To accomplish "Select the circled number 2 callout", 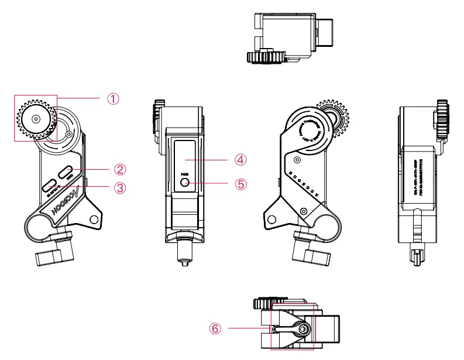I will point(120,169).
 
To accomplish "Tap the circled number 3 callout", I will point(120,187).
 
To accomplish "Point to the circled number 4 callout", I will point(240,159).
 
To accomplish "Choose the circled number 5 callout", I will point(240,183).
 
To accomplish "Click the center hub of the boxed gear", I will point(36,119).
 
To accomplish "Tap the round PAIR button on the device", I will point(185,183).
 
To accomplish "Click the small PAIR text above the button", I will point(184,174).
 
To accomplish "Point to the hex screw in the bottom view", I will point(303,330).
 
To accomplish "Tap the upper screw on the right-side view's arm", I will point(298,159).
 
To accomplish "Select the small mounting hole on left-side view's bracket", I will point(94,220).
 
